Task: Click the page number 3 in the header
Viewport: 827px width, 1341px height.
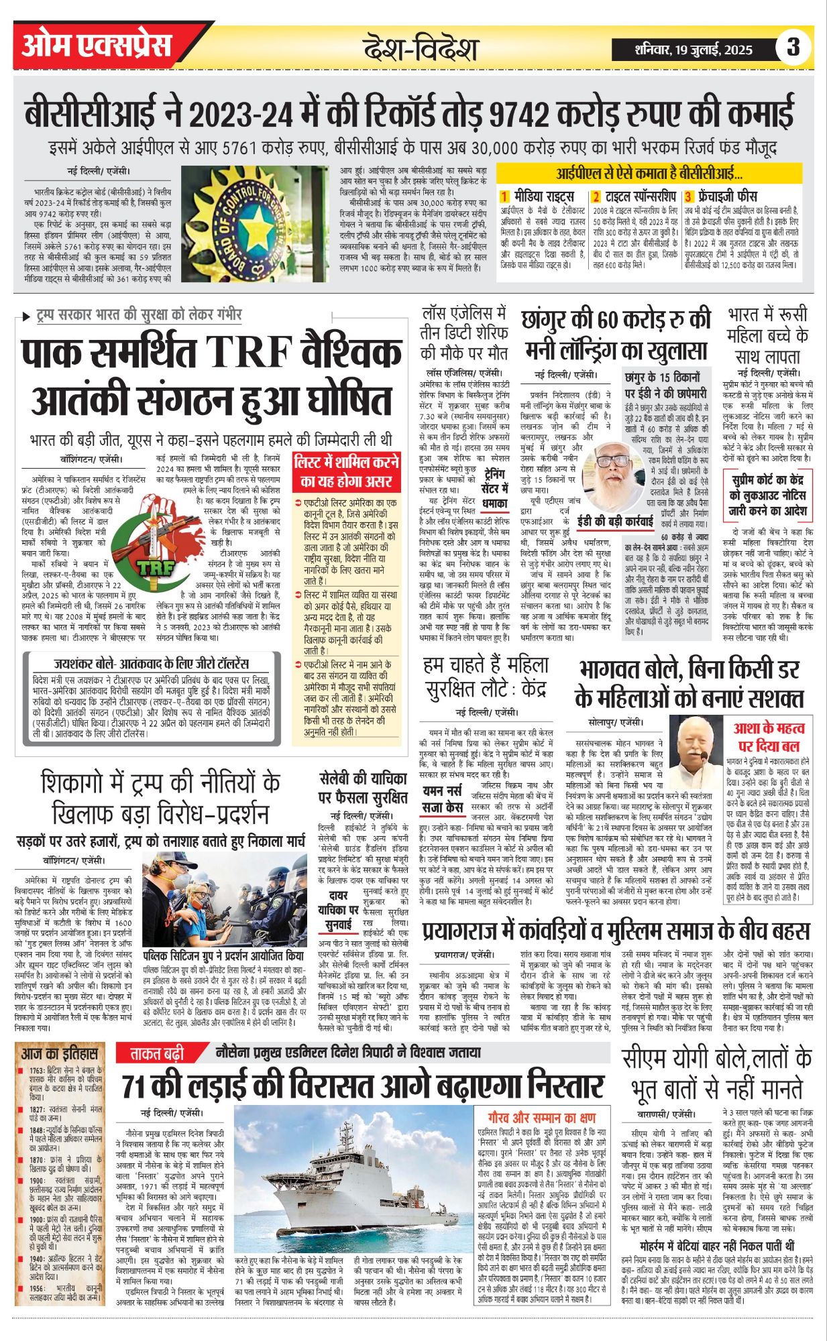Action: pyautogui.click(x=793, y=47)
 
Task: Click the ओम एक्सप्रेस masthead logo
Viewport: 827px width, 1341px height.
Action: pyautogui.click(x=97, y=45)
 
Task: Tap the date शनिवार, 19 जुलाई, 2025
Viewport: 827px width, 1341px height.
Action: pyautogui.click(x=694, y=49)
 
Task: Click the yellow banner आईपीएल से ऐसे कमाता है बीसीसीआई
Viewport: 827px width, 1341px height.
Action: pyautogui.click(x=649, y=174)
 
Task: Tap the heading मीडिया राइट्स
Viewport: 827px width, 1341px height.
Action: pyautogui.click(x=543, y=196)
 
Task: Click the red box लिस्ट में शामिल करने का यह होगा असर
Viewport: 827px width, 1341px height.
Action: pyautogui.click(x=345, y=471)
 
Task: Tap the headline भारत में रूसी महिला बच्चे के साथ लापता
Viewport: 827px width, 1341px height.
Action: pyautogui.click(x=767, y=335)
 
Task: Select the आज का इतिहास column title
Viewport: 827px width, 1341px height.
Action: pyautogui.click(x=60, y=1054)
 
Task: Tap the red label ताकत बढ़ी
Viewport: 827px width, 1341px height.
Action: pyautogui.click(x=156, y=1054)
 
